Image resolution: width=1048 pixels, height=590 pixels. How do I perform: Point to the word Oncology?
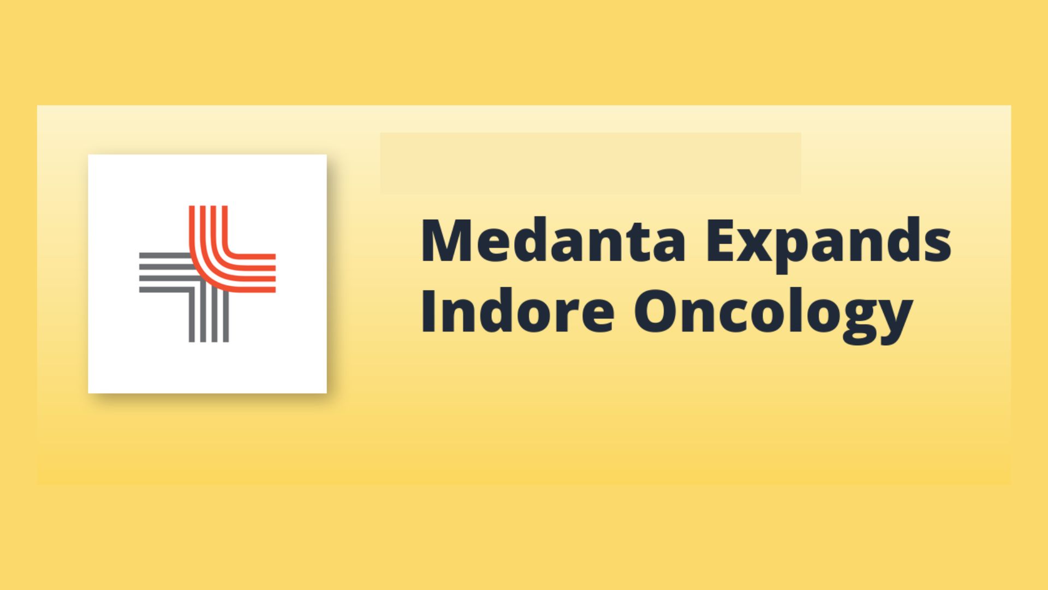point(773,314)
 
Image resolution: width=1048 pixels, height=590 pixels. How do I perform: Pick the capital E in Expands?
point(720,240)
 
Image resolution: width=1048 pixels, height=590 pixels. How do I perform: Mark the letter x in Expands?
point(758,245)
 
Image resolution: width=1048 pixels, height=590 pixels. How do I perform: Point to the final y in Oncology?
point(895,322)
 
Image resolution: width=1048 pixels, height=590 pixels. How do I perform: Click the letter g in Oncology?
point(855,322)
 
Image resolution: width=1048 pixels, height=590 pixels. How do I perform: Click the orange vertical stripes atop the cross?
point(209,229)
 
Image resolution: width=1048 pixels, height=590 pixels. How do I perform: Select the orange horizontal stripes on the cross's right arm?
point(251,273)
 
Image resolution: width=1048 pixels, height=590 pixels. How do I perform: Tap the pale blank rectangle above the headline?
point(591,163)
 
